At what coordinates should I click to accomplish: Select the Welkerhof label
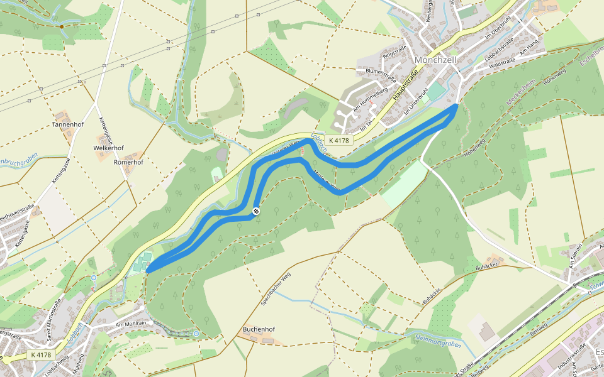click(x=108, y=148)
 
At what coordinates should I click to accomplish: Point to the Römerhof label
click(x=128, y=162)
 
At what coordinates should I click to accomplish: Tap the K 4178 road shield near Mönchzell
click(x=338, y=141)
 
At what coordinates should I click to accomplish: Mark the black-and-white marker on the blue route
click(x=256, y=211)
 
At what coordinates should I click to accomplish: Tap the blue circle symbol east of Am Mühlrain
click(x=196, y=334)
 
